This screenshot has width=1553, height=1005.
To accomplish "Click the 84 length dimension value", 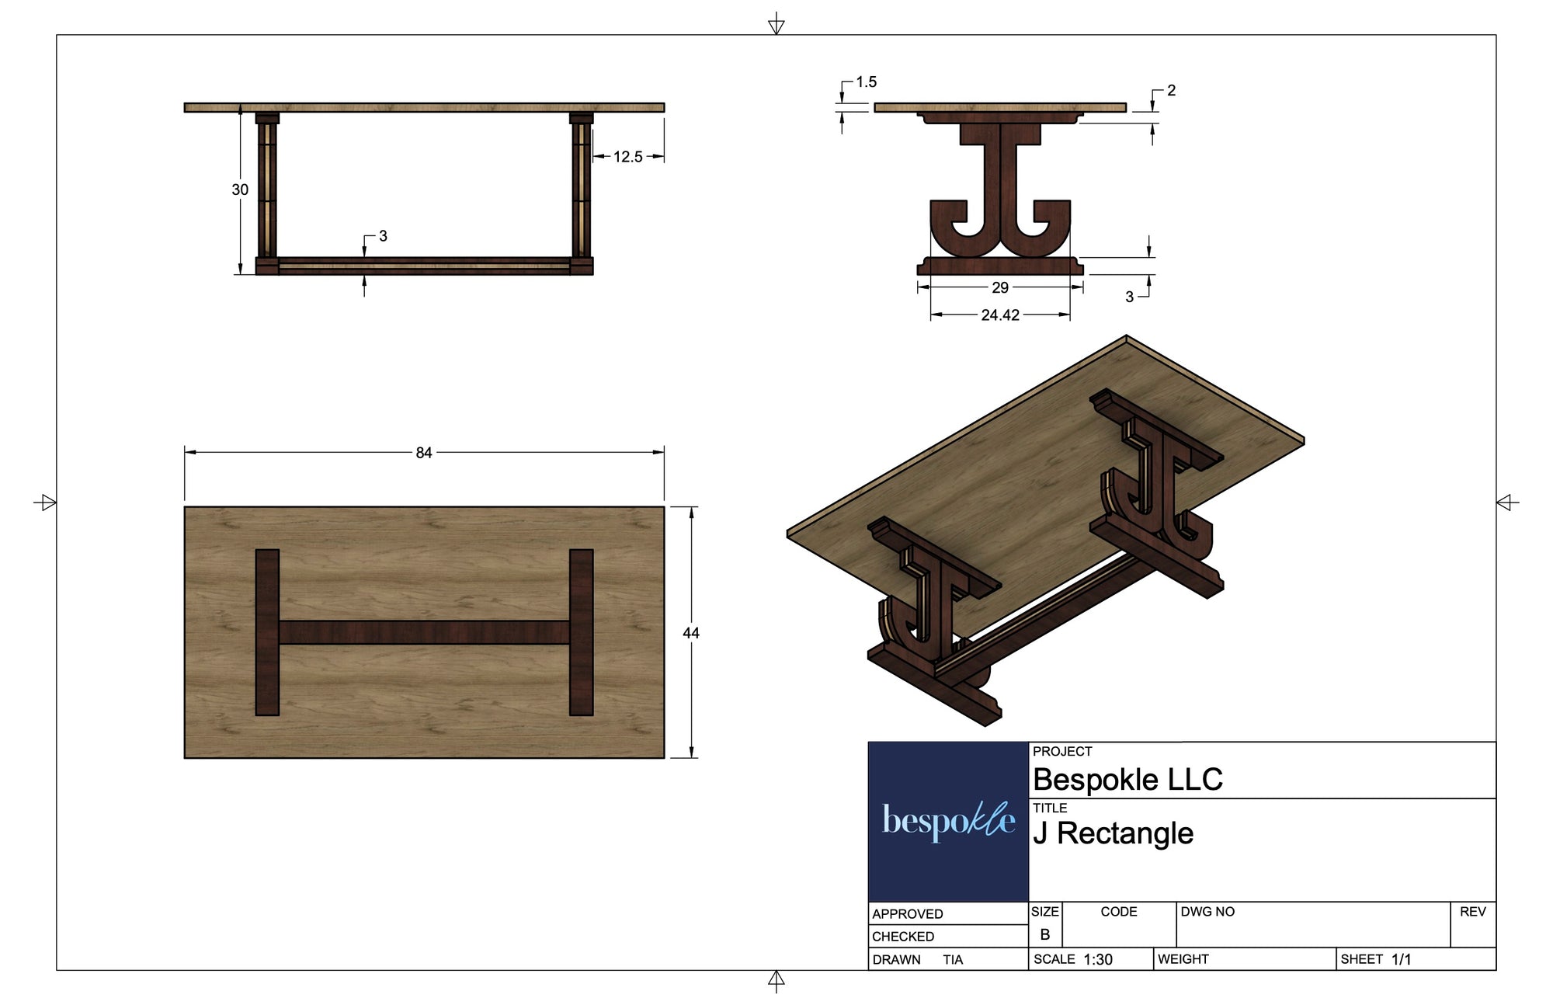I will coord(423,453).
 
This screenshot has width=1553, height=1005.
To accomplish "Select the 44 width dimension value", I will coord(690,633).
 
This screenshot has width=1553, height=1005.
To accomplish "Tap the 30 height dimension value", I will coord(240,190).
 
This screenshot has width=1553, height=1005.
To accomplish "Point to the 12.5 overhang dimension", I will coord(627,157).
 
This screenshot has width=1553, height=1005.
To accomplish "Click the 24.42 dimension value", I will coord(1000,315).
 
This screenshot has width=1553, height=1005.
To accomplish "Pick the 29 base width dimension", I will coord(1000,287).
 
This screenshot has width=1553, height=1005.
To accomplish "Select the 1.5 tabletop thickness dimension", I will coord(866,82).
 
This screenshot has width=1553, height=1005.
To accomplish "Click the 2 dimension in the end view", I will coord(1171,91).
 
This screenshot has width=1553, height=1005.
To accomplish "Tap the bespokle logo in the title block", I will coord(948,821).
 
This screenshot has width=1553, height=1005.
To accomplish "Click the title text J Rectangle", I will coord(1113,833).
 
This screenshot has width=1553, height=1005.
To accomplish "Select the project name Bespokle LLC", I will coord(1127,779).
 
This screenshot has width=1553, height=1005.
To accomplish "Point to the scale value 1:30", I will coord(1098,960).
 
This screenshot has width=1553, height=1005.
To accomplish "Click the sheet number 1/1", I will coord(1401,960).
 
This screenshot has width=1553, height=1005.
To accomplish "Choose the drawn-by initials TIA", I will coord(953,960).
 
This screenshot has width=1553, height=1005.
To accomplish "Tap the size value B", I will coord(1044,934).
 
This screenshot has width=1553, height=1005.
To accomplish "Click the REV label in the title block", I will coord(1472,912).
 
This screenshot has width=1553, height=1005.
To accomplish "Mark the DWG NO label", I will coord(1207,912).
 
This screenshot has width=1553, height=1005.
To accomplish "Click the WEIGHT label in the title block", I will coord(1183,959).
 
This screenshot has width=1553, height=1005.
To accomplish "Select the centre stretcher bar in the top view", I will coord(424,632).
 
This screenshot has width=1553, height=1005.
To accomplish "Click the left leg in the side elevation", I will coord(266,190).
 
